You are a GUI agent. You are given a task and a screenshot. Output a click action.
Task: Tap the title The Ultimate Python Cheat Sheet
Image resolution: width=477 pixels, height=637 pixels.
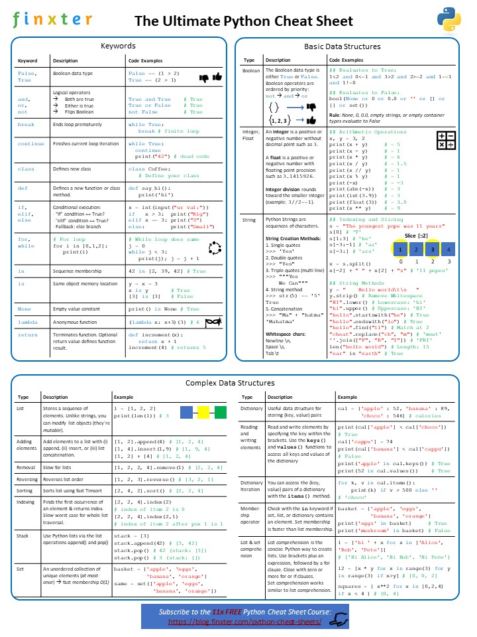point(244,21)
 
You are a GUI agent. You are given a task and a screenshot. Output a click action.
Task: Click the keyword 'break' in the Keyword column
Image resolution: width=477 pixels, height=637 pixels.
point(26,124)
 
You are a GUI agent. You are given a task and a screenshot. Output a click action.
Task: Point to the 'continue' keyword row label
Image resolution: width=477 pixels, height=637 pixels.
point(31,143)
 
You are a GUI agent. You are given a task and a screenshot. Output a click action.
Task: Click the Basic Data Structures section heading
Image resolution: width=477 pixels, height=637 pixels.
point(342,46)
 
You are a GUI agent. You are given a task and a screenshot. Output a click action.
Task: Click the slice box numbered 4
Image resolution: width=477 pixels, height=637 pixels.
point(449,249)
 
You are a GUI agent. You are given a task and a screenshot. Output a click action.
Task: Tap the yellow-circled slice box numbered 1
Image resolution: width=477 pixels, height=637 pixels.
point(400,249)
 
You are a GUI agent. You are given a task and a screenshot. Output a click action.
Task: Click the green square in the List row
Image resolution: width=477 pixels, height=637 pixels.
point(221,413)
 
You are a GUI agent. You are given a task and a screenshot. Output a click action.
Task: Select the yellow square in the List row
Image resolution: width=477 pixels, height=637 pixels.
point(203,413)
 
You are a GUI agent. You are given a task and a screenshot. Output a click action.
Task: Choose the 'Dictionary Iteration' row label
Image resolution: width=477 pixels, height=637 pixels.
point(252,487)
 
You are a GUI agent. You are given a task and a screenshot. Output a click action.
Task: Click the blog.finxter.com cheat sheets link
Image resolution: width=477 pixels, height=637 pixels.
point(244,621)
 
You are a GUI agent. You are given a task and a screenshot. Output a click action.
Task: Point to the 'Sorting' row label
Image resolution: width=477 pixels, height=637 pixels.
point(27,472)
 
